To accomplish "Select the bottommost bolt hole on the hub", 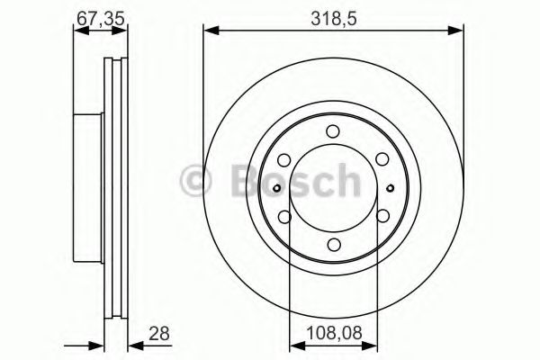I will (x=333, y=244).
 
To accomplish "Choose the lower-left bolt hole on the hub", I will (x=283, y=216).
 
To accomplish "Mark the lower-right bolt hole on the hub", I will (x=382, y=216).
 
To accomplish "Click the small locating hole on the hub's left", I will (x=277, y=187).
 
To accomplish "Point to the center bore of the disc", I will (x=333, y=187).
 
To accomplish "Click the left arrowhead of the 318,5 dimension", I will (x=210, y=31).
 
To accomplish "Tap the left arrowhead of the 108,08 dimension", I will (x=292, y=346).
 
